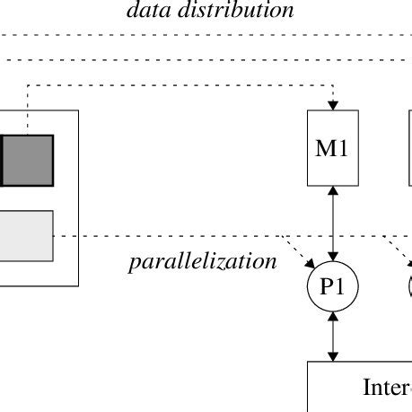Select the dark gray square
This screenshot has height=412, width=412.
point(27,160)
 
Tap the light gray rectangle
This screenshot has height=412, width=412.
point(26,235)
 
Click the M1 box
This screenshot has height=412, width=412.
point(333,148)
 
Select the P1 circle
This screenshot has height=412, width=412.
point(333,287)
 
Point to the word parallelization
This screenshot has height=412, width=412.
point(202,261)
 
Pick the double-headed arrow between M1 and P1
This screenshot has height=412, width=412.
point(333,224)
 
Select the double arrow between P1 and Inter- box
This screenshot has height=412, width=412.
point(333,337)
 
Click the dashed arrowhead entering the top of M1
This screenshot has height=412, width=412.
point(333,105)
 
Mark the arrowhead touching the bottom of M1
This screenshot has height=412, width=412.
point(333,191)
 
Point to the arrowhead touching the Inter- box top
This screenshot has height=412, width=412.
point(333,356)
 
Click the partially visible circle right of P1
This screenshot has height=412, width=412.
point(409,287)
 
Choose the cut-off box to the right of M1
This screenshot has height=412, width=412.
point(409,148)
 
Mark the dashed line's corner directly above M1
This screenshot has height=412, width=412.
point(333,86)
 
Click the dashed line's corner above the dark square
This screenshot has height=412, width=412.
point(28,86)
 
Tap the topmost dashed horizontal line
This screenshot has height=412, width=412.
point(206,35)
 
